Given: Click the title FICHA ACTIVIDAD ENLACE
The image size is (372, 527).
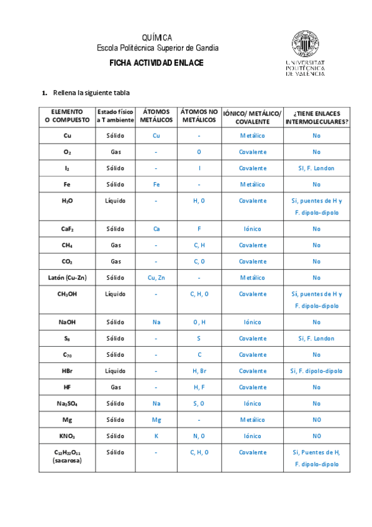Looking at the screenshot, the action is pos(156,63).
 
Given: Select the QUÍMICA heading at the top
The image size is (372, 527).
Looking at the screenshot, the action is pos(157,38).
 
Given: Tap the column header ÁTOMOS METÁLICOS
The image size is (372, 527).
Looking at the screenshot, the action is pos(157,116).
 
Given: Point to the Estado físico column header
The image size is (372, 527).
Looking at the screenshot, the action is pos(116,116).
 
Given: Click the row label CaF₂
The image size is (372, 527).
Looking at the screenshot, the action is pos(67,229).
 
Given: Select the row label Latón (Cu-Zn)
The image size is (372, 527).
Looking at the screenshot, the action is pos(67,277).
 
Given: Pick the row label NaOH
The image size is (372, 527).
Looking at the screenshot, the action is pos(67,322).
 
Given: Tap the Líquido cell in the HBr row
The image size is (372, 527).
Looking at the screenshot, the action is pos(116,370).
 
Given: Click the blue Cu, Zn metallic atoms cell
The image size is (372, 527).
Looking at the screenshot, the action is pos(157,277).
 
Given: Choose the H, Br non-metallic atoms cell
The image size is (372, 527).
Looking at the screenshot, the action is pos(199,370).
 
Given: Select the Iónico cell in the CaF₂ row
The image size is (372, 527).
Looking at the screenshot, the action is pos(252,229).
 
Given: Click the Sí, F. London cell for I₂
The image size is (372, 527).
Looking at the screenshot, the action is pos(316,168).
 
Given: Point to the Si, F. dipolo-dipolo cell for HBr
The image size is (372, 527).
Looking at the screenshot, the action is pos(316,370).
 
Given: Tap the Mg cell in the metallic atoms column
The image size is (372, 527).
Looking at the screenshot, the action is pos(157,419).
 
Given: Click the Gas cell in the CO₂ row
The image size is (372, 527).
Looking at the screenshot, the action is pos(116,261).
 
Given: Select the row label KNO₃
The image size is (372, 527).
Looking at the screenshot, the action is pos(67,436).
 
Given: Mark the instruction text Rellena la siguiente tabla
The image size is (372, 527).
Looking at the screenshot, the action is pos(92,93).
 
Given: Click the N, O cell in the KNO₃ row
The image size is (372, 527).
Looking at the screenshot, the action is pos(199,436).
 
